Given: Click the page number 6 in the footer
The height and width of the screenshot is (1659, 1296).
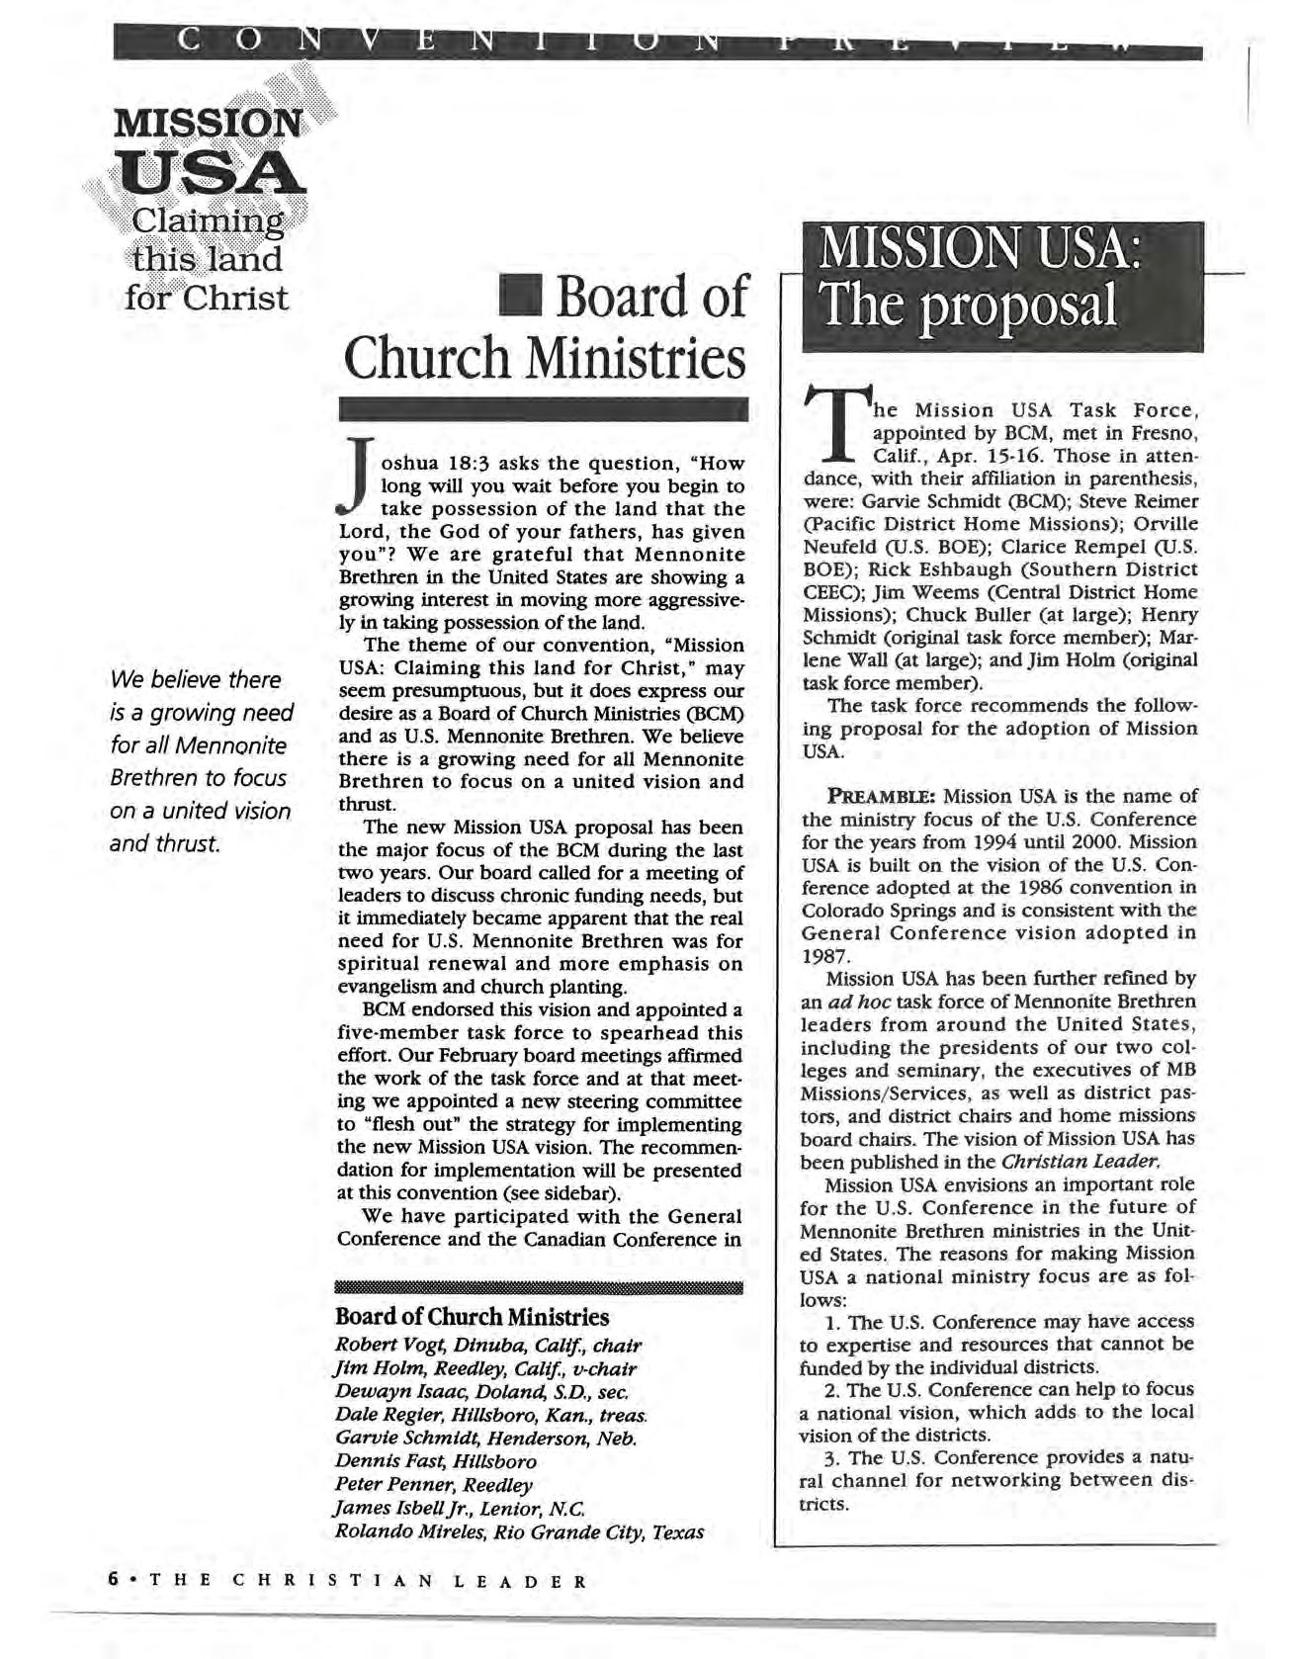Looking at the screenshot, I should coord(115,1580).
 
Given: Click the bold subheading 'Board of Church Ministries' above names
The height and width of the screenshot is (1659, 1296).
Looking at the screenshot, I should coord(472,1317).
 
